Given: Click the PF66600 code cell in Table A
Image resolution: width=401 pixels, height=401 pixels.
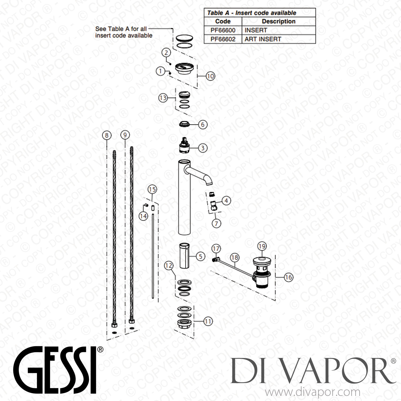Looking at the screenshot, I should pos(223,30).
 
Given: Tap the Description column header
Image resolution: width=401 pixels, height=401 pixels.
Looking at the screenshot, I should pos(279,21).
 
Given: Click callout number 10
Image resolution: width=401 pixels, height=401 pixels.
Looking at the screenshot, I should pos(210,76).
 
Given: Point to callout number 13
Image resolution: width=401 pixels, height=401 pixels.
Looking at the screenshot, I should pos(163,98).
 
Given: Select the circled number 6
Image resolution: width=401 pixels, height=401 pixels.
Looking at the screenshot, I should pos(203,124).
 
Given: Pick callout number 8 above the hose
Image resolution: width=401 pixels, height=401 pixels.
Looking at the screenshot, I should pos(107,135).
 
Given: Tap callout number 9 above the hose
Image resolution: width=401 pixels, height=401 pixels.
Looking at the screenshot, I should pos(125,135).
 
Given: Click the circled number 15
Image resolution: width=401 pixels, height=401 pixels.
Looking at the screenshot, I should pos(152,190).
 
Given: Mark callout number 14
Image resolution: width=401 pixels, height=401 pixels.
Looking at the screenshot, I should pos(144,216).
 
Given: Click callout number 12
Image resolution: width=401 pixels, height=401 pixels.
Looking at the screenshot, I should pos(169,265).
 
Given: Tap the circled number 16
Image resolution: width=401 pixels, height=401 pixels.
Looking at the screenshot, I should pos(288,277).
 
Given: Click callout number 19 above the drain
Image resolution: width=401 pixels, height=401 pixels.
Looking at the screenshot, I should pos(262,246).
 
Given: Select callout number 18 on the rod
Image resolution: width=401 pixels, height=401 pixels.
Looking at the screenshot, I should pos(234,258).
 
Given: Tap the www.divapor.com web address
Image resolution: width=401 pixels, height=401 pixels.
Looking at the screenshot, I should pos(312,392).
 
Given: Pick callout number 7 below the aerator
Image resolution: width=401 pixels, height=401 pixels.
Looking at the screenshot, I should pos(216,223).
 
